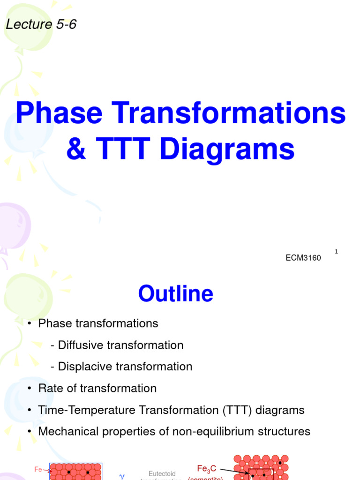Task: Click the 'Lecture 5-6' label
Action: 41,24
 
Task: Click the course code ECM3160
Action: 303,258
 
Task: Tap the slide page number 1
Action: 337,252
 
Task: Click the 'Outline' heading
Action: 175,294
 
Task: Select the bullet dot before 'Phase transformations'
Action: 30,324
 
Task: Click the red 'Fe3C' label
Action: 207,468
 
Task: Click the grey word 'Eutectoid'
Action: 162,474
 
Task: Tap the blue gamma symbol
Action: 122,476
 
